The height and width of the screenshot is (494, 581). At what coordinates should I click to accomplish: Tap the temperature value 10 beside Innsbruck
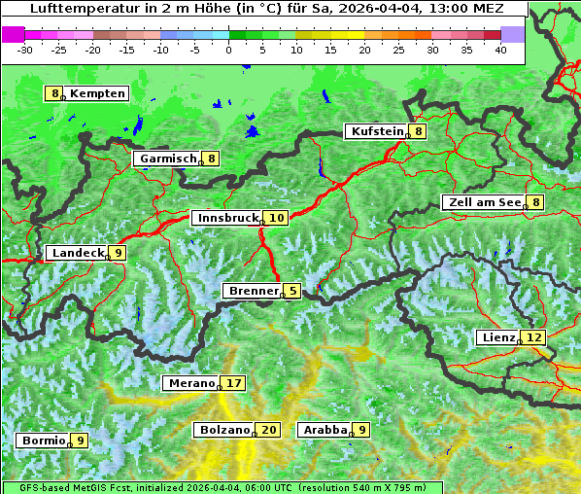tap(277, 219)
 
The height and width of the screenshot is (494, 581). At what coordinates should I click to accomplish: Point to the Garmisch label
tap(168, 159)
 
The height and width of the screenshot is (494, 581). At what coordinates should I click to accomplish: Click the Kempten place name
tap(98, 93)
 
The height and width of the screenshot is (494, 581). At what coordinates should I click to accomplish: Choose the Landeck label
tap(78, 253)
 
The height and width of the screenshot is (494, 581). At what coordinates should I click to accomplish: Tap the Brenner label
tap(253, 291)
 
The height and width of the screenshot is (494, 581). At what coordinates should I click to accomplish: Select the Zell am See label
tap(482, 202)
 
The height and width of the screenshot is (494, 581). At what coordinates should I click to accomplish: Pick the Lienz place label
tap(497, 337)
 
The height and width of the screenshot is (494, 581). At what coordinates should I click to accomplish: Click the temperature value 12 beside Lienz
tap(535, 337)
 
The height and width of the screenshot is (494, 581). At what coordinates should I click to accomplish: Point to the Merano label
tap(190, 384)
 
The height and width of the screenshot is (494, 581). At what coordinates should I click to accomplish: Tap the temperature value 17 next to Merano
tap(234, 384)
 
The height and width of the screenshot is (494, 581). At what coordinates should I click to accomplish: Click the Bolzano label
tap(225, 430)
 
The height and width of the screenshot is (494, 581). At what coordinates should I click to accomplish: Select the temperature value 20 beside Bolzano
tap(269, 430)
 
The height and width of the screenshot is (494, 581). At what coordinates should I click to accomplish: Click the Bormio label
tap(44, 441)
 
